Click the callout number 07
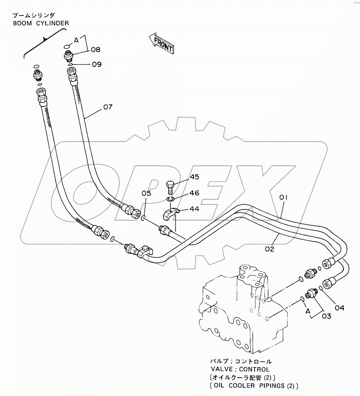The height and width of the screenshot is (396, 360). [x=108, y=107]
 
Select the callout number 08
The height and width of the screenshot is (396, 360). [x=96, y=50]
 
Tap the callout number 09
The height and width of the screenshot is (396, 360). [x=97, y=65]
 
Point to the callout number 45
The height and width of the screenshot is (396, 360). [x=195, y=177]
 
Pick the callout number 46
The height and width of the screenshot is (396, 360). [x=195, y=193]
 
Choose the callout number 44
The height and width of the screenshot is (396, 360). [x=194, y=209]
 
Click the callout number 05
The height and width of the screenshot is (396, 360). [x=146, y=194]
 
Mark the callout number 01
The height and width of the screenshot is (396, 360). [x=283, y=197]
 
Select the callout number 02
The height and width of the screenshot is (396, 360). [x=270, y=249]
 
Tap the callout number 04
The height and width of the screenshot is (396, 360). [x=340, y=308]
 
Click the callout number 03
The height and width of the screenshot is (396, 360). [x=327, y=316]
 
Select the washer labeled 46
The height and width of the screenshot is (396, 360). [x=170, y=199]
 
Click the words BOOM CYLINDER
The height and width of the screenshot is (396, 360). [x=41, y=23]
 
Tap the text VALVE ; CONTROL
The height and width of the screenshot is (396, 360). [x=240, y=369]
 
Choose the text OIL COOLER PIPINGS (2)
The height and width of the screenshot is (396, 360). [x=255, y=386]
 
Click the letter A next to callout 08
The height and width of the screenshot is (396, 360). [x=76, y=40]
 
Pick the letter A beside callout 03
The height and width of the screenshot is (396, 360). [x=308, y=311]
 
